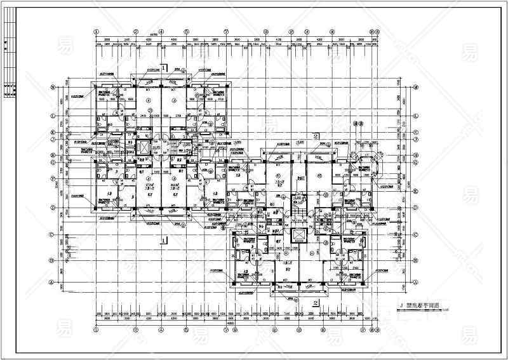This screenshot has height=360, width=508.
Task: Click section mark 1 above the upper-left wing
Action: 164,67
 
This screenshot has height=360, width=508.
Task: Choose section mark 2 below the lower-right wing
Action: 316,303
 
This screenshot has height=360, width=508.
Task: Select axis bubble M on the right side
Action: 416,88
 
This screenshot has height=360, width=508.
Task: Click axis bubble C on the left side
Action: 51,234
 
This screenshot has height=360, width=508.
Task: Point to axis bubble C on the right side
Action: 416,234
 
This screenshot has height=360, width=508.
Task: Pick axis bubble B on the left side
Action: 51,258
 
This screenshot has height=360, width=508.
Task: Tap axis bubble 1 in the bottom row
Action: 96,330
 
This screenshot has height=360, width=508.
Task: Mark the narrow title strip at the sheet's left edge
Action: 9,58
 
